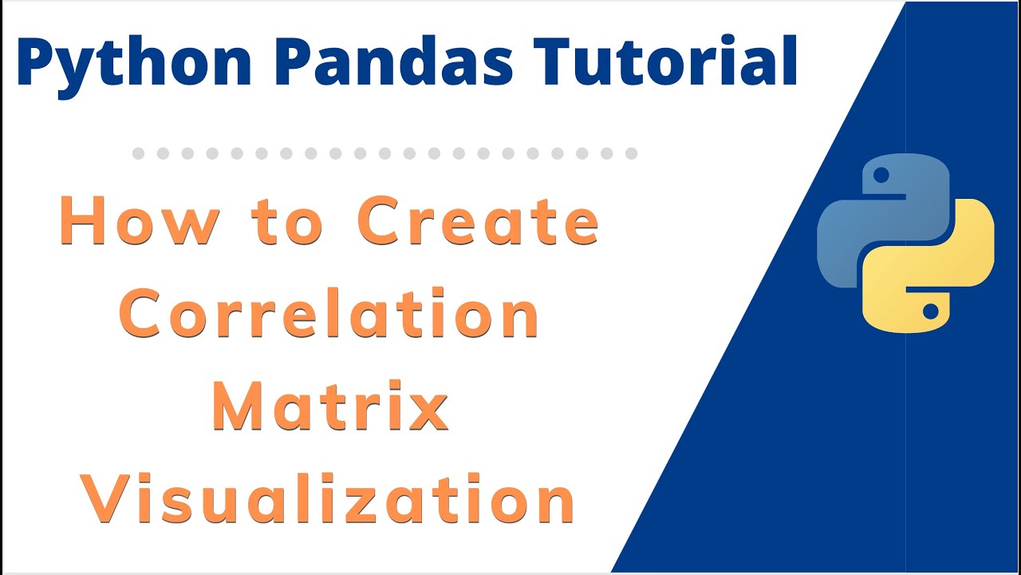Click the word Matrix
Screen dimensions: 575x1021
tap(330, 406)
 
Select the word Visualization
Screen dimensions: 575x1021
tap(330, 499)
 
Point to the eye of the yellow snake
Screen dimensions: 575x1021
tap(929, 310)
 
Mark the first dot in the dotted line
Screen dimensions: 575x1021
tap(138, 153)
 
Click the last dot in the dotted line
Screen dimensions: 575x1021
tap(632, 153)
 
